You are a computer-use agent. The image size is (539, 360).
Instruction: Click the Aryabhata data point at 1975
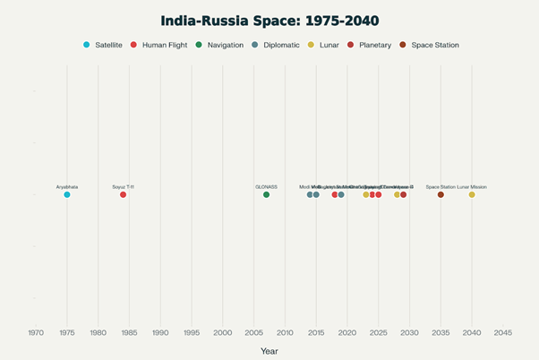point(67,194)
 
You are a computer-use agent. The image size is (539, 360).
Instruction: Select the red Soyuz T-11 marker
point(124,194)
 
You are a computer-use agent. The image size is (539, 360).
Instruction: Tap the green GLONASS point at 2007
point(266,194)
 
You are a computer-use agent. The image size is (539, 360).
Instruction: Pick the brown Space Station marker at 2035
point(441,194)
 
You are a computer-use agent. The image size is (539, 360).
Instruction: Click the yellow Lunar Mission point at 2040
point(472,194)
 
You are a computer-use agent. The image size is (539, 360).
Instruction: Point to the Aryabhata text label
point(67,186)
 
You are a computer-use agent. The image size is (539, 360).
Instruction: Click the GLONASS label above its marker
point(266,186)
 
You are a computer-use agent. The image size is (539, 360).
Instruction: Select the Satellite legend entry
point(103,45)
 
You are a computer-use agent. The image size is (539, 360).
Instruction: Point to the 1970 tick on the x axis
point(36,332)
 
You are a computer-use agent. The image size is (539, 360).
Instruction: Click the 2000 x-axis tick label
point(223,332)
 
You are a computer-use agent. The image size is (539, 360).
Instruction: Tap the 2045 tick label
point(503,332)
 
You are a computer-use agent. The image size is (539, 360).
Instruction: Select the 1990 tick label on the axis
point(160,332)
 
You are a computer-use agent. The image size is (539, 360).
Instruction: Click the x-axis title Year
point(269,350)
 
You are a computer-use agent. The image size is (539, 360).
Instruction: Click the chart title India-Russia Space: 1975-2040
point(269,20)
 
